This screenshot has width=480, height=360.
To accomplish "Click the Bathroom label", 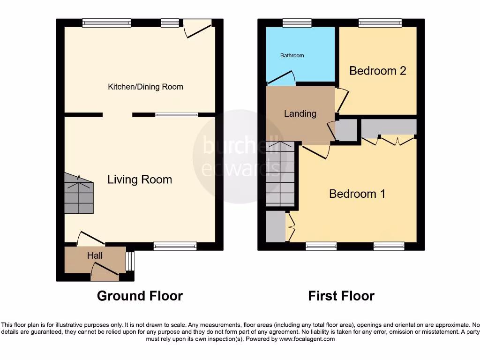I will [292, 55].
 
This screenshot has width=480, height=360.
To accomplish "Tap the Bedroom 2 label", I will [377, 71].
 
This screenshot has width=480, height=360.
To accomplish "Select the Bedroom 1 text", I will [357, 194].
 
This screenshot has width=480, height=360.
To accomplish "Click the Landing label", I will [300, 113].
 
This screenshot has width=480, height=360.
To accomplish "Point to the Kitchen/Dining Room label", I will [145, 87].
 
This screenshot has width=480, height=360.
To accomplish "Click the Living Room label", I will [140, 180].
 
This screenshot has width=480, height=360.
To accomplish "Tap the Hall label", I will [95, 255].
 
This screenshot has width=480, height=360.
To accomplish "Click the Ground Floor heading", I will [140, 296].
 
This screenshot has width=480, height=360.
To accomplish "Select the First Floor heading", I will [341, 296].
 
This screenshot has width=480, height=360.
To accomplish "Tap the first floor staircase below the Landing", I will [280, 173].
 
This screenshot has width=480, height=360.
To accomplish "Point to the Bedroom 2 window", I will [380, 22].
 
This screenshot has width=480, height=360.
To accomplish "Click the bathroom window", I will [297, 22].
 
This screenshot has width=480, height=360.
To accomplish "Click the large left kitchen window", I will [106, 22].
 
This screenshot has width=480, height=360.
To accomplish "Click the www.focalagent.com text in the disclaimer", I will [307, 339].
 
